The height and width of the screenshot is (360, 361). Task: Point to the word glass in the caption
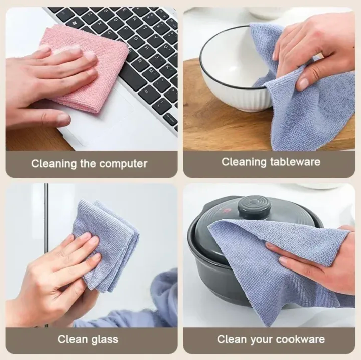pos(104,339)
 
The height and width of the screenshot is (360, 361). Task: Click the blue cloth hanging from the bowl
pos(312,116)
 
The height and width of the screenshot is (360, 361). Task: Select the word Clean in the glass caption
pos(73,339)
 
